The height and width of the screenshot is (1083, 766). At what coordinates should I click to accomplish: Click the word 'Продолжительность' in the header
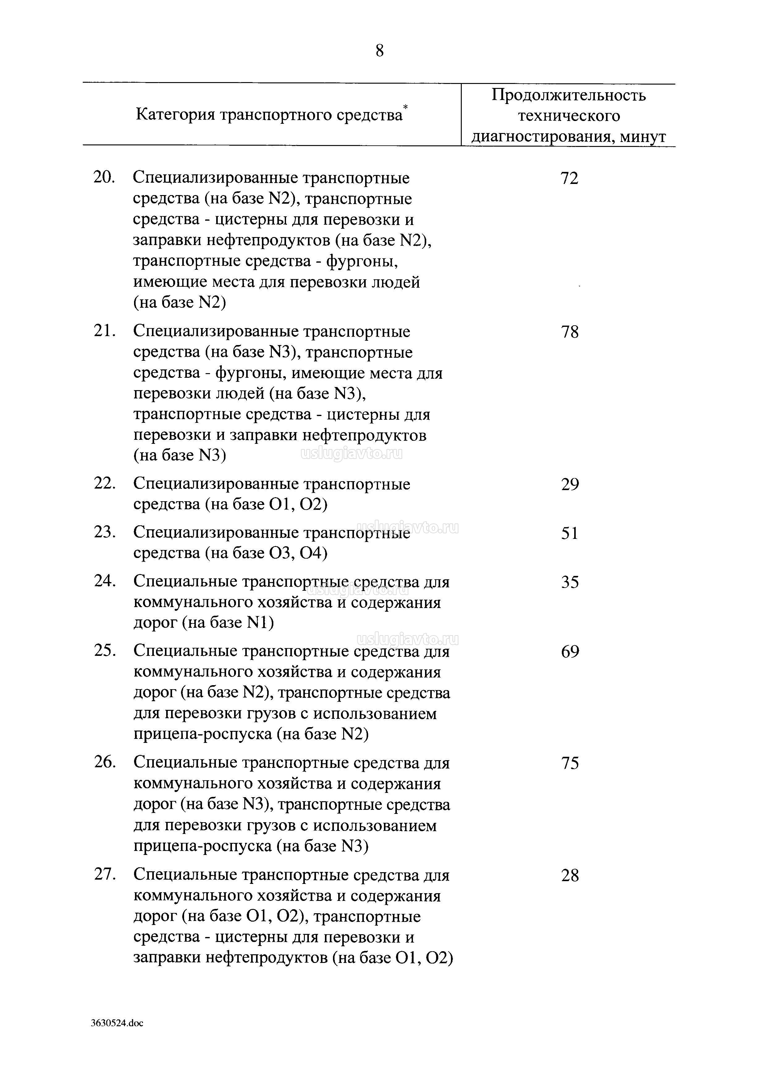click(x=568, y=95)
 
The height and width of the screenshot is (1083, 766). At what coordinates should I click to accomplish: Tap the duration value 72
click(x=569, y=178)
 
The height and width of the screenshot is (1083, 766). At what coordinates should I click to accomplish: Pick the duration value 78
click(x=570, y=332)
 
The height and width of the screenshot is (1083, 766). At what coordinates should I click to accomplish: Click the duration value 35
click(x=570, y=582)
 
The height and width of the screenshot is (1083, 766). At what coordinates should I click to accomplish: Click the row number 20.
click(x=104, y=178)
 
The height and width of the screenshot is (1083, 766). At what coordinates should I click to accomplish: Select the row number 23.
click(x=104, y=532)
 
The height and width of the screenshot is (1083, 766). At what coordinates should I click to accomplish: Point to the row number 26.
click(x=104, y=762)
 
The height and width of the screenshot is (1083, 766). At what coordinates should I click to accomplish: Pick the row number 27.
click(x=104, y=874)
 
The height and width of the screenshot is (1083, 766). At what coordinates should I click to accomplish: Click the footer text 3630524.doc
click(x=117, y=1023)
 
